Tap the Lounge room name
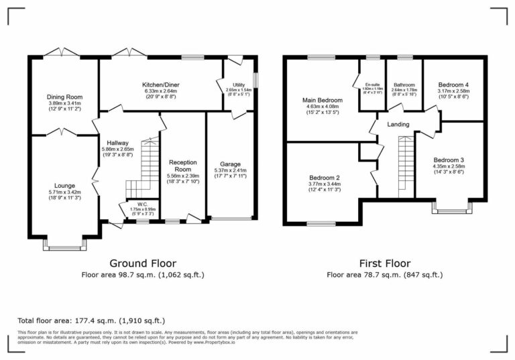pyautogui.click(x=64, y=185)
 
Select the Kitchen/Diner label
pyautogui.click(x=160, y=84)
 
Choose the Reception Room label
pyautogui.click(x=182, y=166)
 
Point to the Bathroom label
pyautogui.click(x=404, y=84)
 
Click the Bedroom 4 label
pyautogui.click(x=453, y=84)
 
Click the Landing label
pyautogui.click(x=398, y=125)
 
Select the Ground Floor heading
pyautogui.click(x=142, y=263)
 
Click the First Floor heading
pyautogui.click(x=384, y=263)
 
